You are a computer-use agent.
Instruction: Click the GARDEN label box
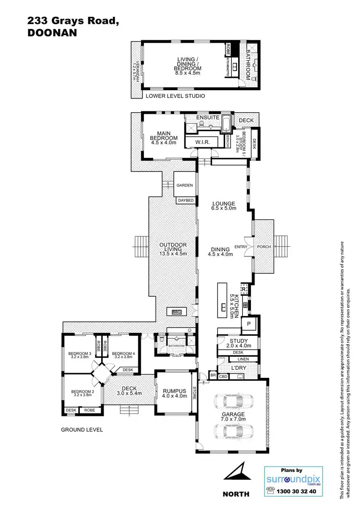(x=184, y=185)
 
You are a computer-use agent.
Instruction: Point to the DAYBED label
(x=186, y=200)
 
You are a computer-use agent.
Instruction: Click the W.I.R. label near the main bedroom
(x=200, y=142)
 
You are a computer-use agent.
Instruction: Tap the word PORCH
(x=264, y=247)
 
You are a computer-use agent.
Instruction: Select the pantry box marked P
(x=249, y=324)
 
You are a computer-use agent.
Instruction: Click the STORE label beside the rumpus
(x=194, y=393)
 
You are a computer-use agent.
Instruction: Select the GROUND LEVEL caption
(x=82, y=430)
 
